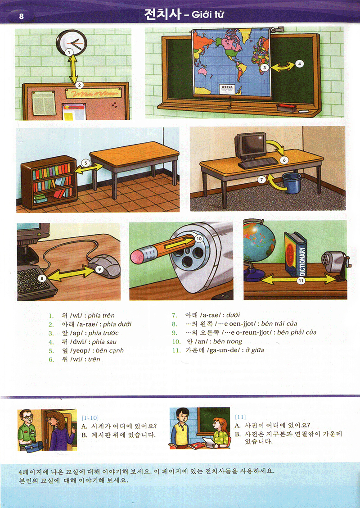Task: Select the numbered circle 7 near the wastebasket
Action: tap(261, 179)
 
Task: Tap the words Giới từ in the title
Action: tap(208, 15)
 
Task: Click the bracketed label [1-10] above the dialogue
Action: tap(90, 417)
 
